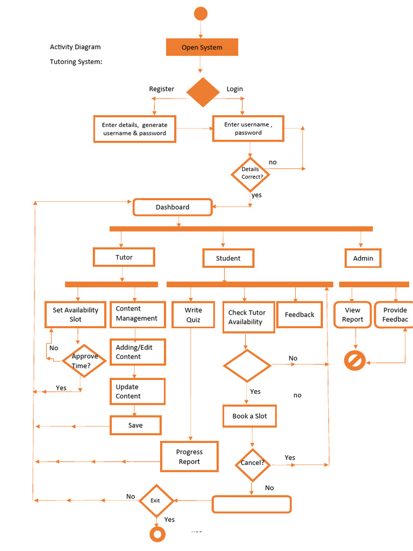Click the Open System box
(202, 47)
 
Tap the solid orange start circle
(201, 13)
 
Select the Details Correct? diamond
(251, 174)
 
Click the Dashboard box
(173, 207)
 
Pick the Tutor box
(124, 257)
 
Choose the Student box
(228, 258)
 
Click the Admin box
(363, 258)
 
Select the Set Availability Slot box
(76, 315)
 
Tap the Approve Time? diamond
(81, 361)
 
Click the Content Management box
(137, 314)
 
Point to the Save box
(136, 425)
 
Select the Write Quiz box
(194, 315)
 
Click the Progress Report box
(189, 457)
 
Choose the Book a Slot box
(250, 416)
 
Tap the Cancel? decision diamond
(252, 463)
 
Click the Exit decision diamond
(156, 500)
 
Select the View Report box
(353, 315)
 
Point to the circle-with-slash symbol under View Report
(355, 361)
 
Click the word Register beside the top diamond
(161, 89)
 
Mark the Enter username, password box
(248, 129)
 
